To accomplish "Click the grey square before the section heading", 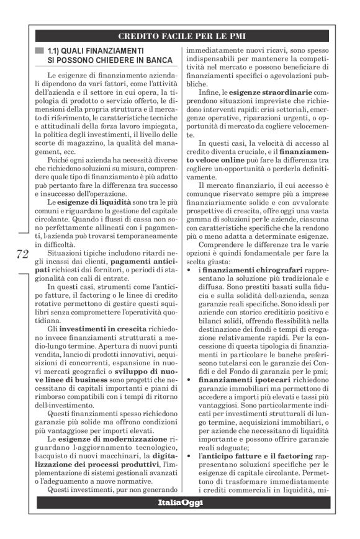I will coord(40,50).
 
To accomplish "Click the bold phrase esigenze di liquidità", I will coord(94,202).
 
